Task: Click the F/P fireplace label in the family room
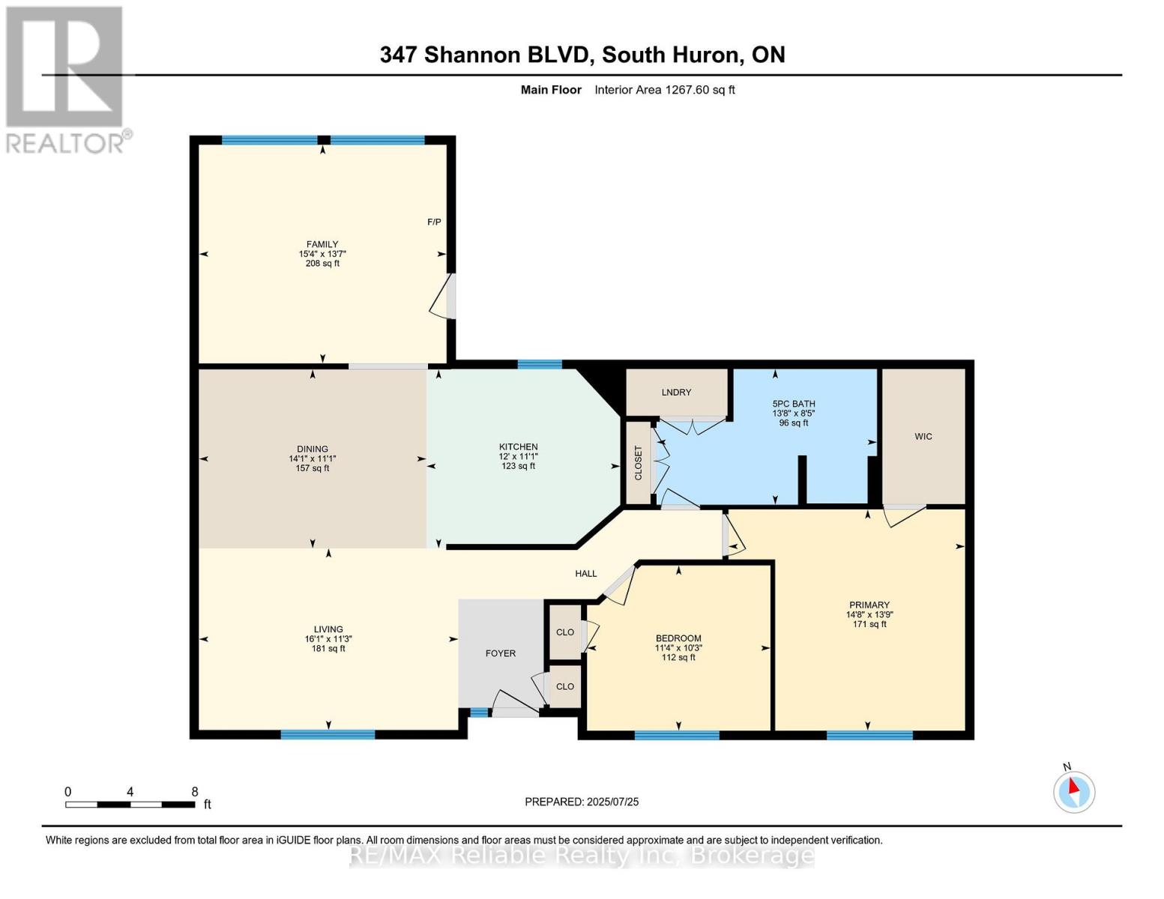click(434, 222)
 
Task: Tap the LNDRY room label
click(676, 393)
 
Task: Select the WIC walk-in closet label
click(923, 436)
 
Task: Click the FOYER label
click(500, 653)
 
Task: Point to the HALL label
click(585, 574)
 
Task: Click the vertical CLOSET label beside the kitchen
click(639, 464)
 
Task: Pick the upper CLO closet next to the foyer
click(564, 632)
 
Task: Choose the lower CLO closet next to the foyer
click(564, 686)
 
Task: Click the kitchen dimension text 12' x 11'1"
click(518, 456)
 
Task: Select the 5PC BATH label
click(793, 404)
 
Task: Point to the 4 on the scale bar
click(130, 792)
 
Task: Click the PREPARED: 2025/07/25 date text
click(582, 802)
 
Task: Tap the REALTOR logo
click(66, 79)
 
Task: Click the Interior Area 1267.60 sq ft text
click(664, 90)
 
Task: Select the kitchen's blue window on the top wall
click(540, 365)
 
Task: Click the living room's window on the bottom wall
click(328, 734)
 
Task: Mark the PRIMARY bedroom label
click(869, 605)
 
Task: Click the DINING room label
click(312, 449)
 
